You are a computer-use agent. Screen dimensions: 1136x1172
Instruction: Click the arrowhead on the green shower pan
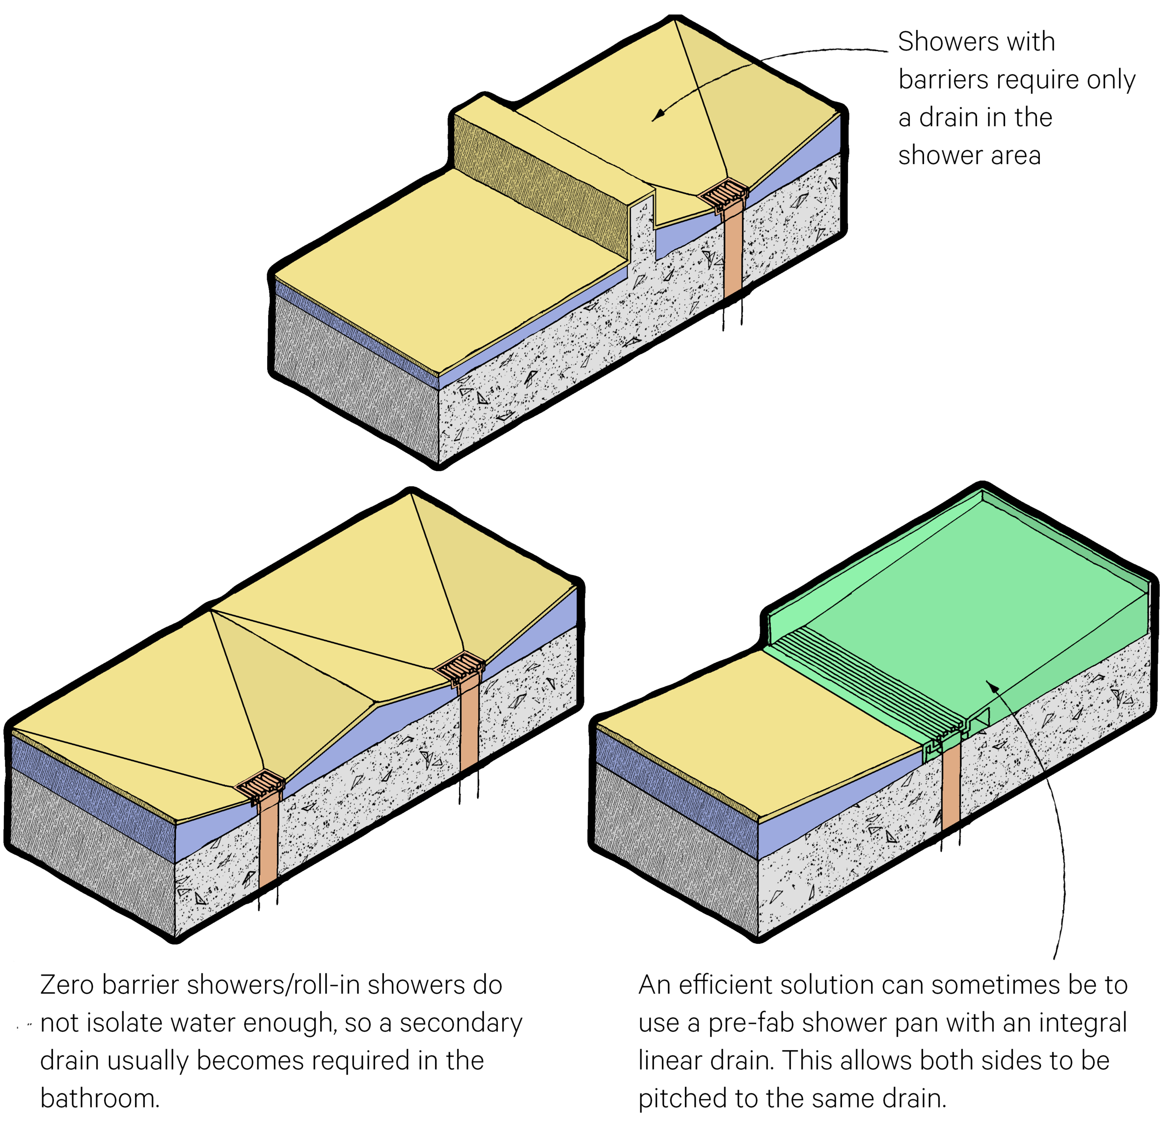tap(992, 687)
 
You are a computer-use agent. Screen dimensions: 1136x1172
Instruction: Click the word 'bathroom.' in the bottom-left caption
tap(100, 1098)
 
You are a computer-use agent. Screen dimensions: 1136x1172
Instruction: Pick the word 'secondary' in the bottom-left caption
tap(460, 1023)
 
